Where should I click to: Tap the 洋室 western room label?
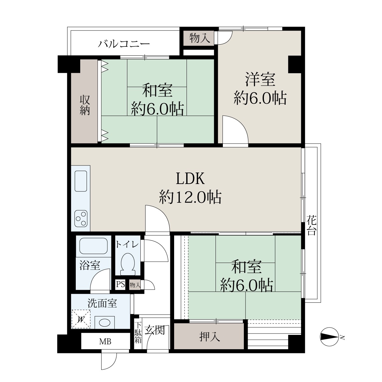[260, 79]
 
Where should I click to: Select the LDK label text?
[190, 179]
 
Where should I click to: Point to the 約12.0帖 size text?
[190, 197]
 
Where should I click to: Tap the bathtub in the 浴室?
[93, 246]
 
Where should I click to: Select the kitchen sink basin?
[81, 181]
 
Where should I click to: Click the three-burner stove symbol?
[81, 219]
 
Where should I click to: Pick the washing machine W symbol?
[81, 319]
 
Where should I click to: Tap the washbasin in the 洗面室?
[104, 323]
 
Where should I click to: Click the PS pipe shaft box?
[120, 285]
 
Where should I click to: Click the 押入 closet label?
[210, 337]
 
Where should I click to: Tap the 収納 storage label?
[85, 105]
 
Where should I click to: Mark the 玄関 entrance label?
[155, 330]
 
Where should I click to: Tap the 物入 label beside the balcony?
[200, 38]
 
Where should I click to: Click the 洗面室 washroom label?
[102, 304]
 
